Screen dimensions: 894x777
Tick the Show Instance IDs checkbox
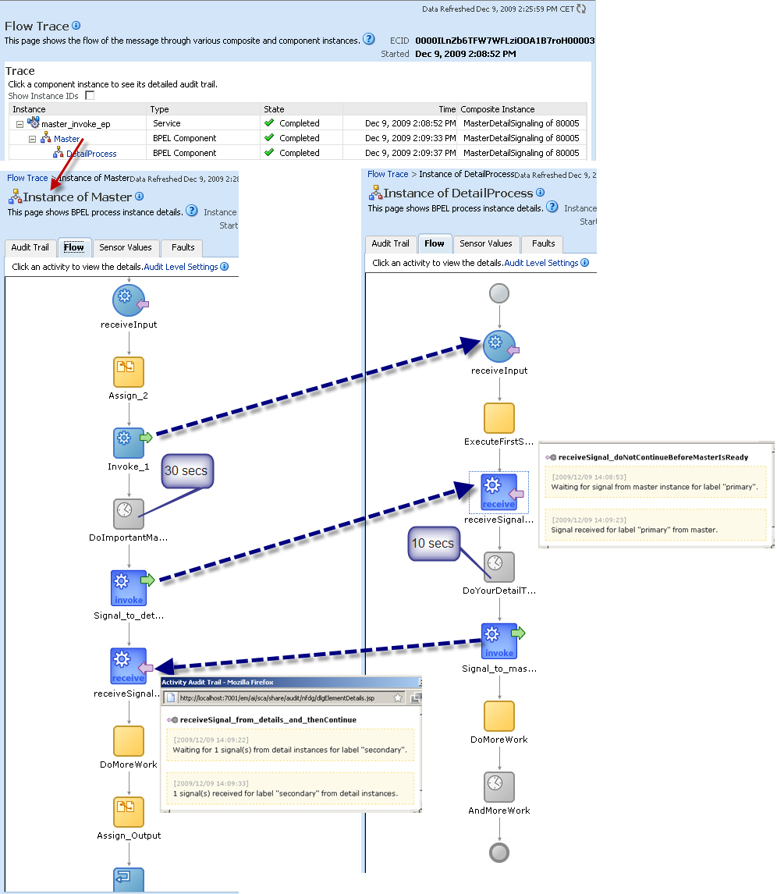coord(90,95)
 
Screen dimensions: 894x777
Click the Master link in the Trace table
coord(67,139)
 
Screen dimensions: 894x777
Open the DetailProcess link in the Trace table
coord(91,154)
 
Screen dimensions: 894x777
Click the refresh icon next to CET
coord(581,9)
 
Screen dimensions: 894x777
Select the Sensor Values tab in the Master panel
coord(126,247)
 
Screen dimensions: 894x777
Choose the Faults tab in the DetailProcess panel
coord(543,243)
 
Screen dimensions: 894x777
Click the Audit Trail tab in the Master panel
coord(30,247)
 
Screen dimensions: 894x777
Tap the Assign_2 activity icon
coord(129,372)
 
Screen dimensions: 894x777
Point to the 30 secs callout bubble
coord(187,471)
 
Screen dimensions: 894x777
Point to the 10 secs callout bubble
coord(434,543)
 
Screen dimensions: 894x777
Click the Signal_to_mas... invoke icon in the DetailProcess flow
coord(499,641)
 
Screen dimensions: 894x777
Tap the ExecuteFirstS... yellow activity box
coord(499,418)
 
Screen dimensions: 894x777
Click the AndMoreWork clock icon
coord(499,786)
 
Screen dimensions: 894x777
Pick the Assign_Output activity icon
coord(129,811)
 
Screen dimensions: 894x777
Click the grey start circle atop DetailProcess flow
coord(498,293)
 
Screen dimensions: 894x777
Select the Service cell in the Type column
coord(167,123)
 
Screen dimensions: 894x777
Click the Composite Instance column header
coord(498,109)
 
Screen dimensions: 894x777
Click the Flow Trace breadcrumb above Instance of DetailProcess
coord(388,174)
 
